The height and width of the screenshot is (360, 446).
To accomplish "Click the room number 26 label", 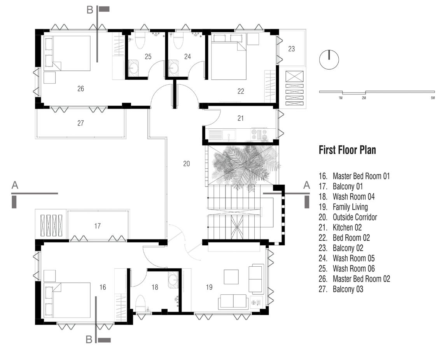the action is tap(80, 89).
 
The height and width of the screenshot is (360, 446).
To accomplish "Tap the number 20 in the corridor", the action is tap(186, 164).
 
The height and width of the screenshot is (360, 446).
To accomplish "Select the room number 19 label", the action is tap(209, 287).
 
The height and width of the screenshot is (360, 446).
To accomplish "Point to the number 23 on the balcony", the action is tap(291, 49).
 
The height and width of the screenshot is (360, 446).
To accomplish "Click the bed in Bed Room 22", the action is tap(228, 57).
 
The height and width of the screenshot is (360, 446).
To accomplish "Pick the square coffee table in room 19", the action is tap(231, 277).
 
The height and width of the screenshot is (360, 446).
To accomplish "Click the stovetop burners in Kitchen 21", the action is tap(259, 134).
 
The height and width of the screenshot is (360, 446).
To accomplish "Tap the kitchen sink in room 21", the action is tap(229, 135).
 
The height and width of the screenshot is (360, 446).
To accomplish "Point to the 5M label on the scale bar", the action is tap(433, 98).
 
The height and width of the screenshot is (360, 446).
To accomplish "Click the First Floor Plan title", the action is tap(347, 150).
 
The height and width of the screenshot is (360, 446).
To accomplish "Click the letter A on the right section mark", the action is tap(306, 185).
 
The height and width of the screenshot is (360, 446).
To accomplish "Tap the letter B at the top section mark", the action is tap(89, 10).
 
